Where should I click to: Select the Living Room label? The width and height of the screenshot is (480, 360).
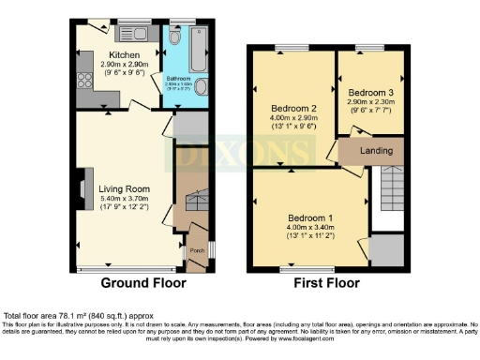tap(123, 188)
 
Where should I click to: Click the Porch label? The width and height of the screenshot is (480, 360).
tap(197, 250)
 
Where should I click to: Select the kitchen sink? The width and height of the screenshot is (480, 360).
tap(133, 36)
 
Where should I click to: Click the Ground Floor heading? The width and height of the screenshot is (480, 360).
tap(143, 282)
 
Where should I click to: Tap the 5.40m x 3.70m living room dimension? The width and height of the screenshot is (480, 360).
tap(123, 199)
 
